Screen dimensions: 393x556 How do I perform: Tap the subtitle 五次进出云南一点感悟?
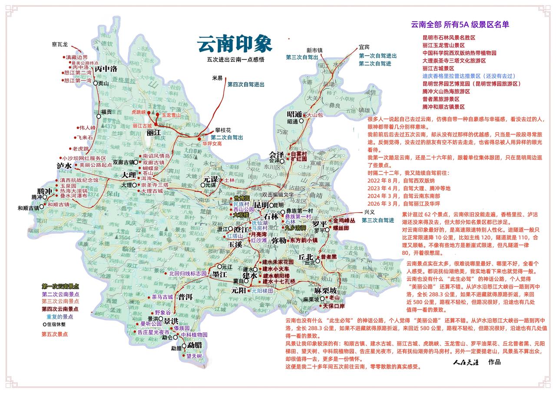[235, 59]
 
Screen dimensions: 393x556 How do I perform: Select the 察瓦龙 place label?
[60, 44]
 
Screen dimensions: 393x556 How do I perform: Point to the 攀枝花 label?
[223, 130]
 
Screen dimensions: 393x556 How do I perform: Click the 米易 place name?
[217, 78]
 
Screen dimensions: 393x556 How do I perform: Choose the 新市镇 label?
[314, 50]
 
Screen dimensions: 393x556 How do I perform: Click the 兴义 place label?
[369, 212]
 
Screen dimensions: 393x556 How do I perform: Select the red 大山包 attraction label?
[314, 115]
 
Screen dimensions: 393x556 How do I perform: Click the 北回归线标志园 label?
[188, 274]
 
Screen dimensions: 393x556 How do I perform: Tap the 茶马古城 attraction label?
[162, 297]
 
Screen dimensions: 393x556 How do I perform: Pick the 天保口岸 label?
[334, 306]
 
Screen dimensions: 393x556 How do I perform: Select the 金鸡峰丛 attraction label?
[344, 220]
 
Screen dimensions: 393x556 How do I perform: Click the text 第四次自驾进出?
[246, 84]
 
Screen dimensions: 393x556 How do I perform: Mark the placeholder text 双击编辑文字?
[278, 195]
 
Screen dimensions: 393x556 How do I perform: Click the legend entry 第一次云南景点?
[60, 286]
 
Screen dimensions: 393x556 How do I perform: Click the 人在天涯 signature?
[465, 362]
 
